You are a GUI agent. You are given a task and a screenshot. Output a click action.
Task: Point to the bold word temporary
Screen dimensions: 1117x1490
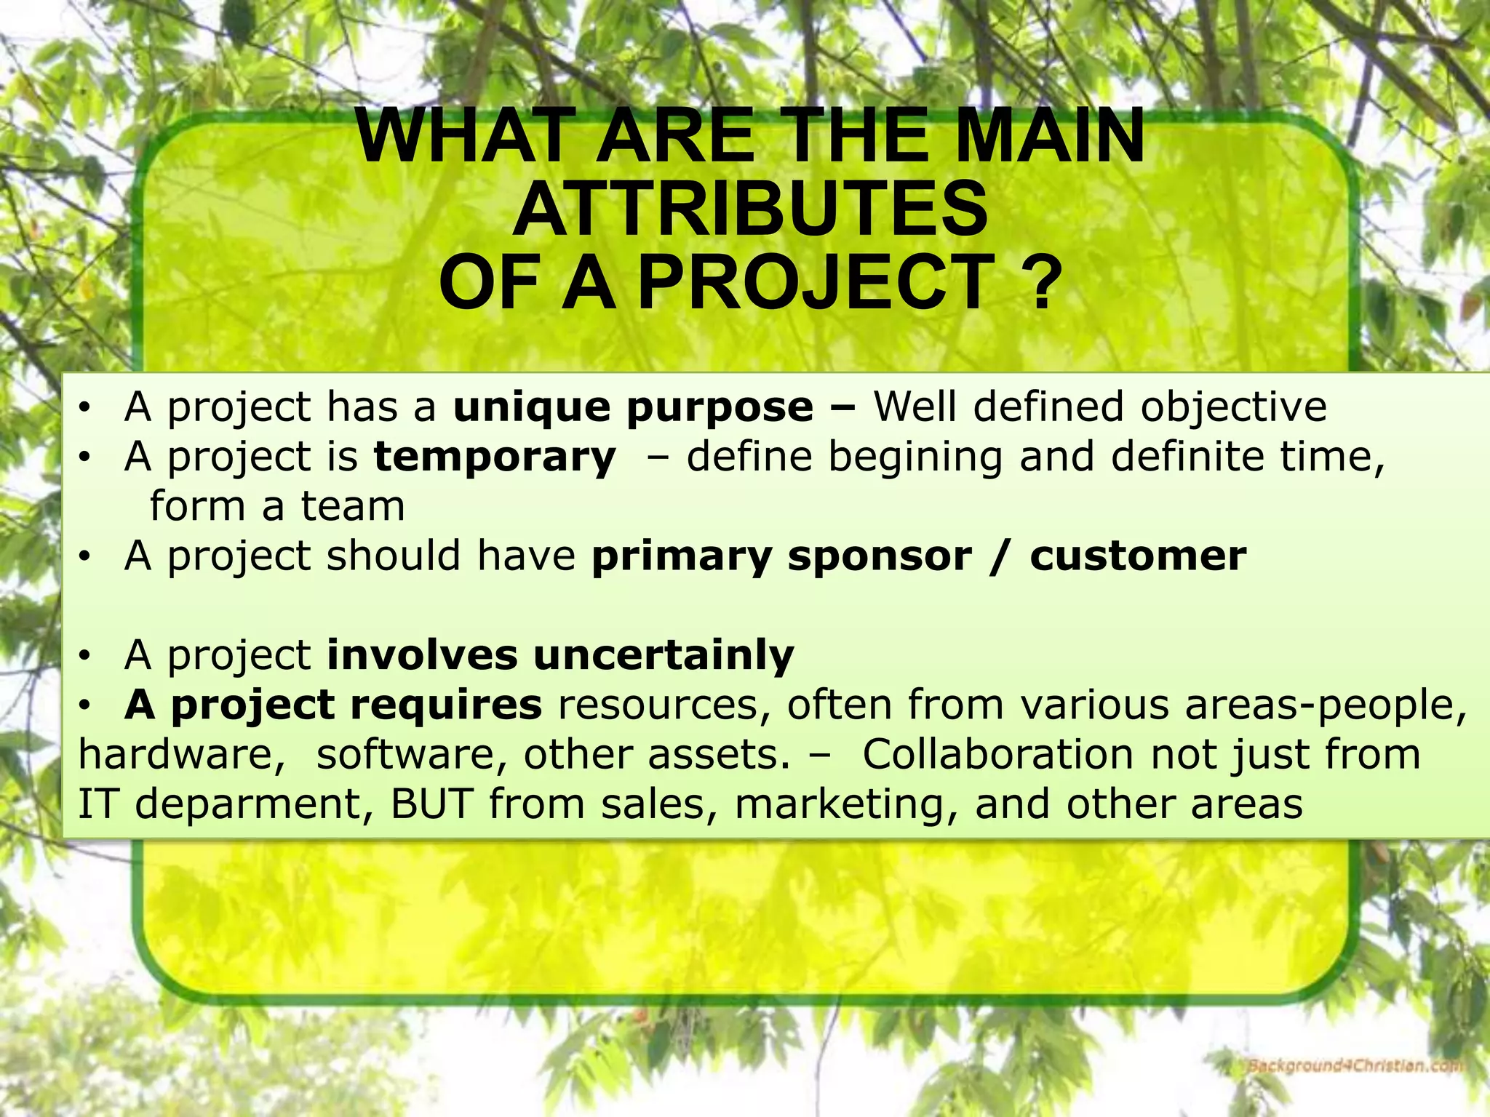495,458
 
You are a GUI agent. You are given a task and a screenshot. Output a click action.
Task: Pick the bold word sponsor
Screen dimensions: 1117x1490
880,557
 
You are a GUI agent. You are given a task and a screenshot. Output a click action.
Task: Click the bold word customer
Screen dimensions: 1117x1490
1138,557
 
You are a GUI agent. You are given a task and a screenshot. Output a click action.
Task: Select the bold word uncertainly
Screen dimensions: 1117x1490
664,655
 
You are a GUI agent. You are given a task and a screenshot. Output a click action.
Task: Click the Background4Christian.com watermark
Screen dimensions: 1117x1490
1355,1067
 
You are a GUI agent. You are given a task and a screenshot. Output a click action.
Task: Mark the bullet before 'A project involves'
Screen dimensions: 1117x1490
85,657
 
